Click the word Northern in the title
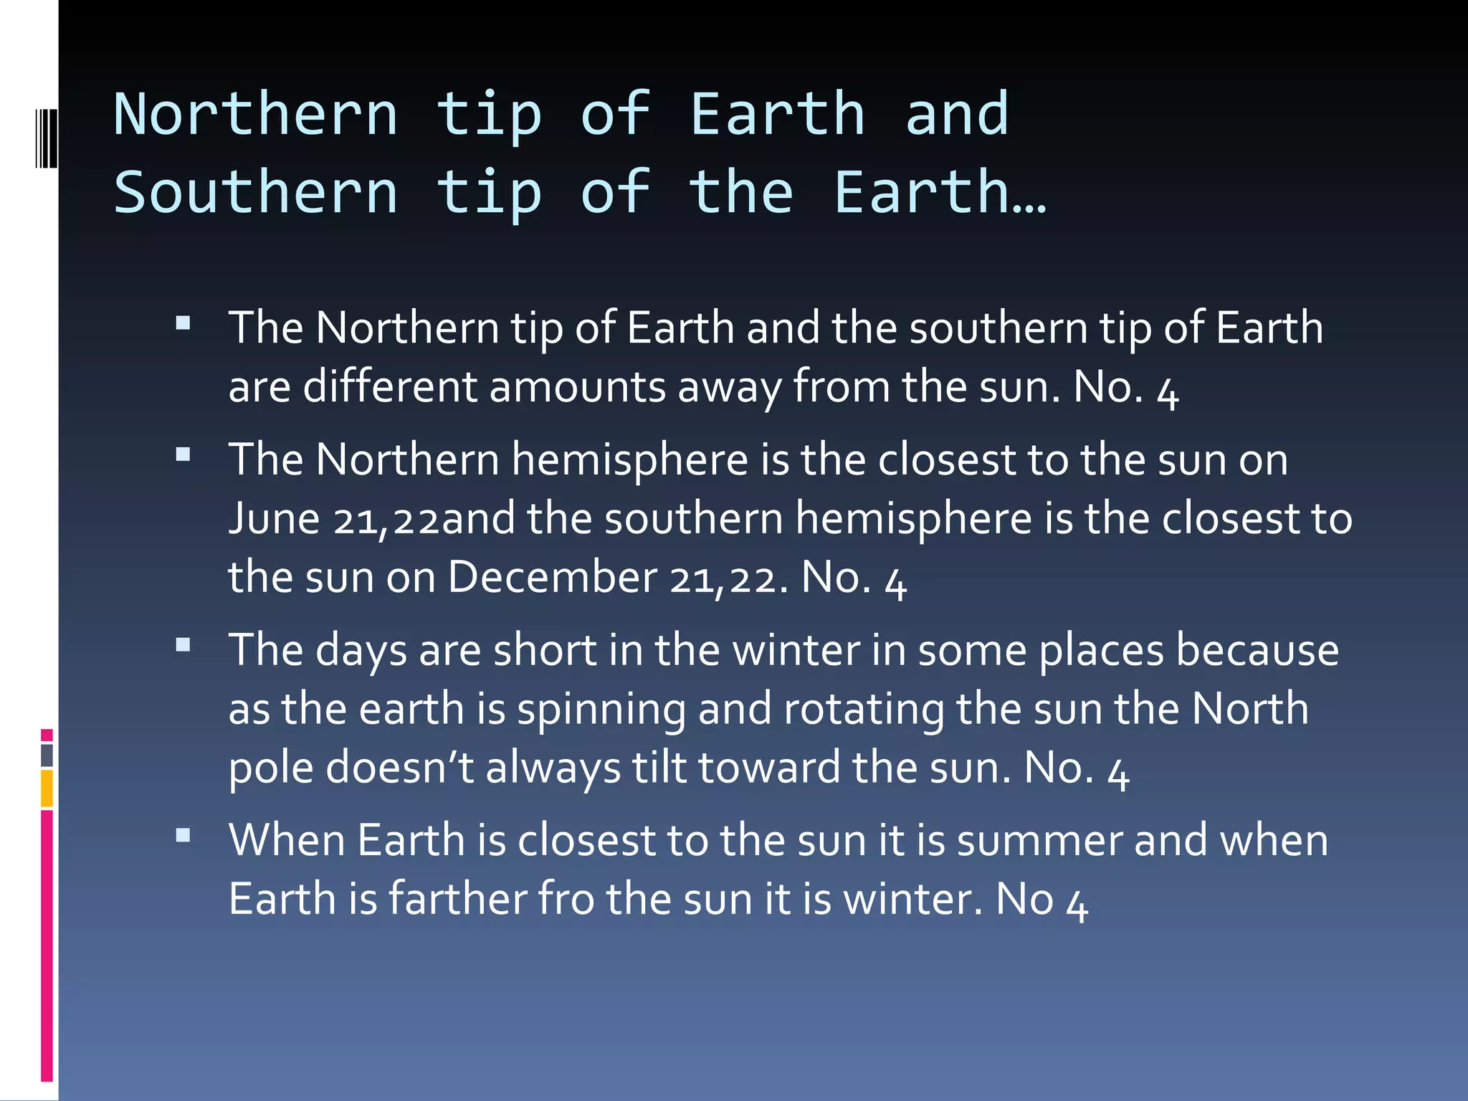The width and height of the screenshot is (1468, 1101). (x=256, y=115)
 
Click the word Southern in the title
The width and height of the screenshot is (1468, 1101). (x=256, y=193)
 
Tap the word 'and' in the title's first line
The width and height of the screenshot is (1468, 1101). (x=957, y=115)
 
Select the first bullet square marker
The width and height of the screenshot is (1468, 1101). (x=183, y=323)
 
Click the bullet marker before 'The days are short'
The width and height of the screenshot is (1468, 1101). (x=183, y=645)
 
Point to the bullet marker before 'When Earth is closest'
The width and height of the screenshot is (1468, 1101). (x=183, y=835)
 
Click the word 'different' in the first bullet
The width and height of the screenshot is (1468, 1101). (x=390, y=387)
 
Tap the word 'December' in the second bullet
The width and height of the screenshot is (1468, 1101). (x=552, y=577)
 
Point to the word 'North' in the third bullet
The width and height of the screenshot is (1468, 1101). (x=1250, y=708)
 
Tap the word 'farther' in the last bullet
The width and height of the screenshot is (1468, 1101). (x=458, y=899)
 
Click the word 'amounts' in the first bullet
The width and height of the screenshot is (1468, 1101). (x=578, y=387)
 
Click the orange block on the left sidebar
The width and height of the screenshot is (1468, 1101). (x=47, y=788)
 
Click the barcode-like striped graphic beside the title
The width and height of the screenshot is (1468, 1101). (x=46, y=138)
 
